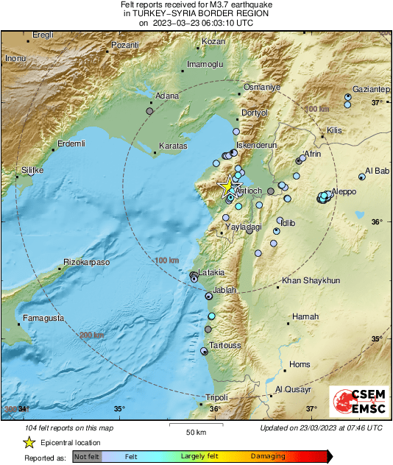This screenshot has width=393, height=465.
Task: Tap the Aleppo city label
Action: click(343, 191)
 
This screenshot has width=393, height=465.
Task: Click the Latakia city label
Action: click(211, 271)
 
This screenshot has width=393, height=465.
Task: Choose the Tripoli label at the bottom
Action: click(216, 397)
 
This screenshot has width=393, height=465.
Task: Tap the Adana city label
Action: click(167, 96)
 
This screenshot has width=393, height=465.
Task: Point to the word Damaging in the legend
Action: click(269, 456)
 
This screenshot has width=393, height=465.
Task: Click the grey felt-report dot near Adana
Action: click(149, 111)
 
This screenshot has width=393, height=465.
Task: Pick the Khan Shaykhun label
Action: click(311, 280)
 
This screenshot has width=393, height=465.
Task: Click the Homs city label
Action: click(300, 364)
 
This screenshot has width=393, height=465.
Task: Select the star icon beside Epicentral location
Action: click(29, 442)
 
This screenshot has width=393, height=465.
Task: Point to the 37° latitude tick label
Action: click(376, 102)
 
